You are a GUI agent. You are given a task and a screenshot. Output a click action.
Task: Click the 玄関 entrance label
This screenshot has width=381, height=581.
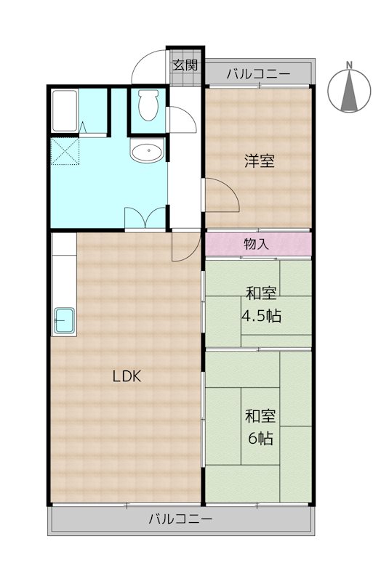coord(185,64)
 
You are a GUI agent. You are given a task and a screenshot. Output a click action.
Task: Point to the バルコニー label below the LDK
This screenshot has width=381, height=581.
coord(180,519)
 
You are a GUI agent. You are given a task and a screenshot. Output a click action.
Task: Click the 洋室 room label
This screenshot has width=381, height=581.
coord(259,161)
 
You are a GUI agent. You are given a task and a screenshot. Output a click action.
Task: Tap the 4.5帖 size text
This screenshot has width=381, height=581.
coord(262,317)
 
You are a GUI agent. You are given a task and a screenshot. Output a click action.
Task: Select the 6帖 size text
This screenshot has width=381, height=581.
coord(260,439)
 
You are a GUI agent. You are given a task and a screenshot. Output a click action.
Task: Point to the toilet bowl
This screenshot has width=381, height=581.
coord(148,106)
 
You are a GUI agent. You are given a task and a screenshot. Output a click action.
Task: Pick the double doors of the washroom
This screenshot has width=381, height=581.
coord(145,217)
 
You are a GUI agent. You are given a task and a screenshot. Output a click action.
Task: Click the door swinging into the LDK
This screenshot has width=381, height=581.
coord(185,245)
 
